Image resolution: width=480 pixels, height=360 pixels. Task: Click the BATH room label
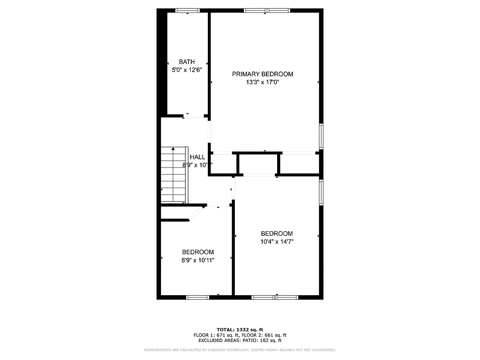187,62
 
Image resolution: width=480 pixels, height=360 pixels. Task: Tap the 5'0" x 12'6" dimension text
187,70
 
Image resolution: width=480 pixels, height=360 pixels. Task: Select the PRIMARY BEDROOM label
262,74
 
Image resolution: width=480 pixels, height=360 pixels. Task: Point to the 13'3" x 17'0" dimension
263,82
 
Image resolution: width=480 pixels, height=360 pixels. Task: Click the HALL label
197,157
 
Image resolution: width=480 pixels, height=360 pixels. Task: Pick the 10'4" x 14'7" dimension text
277,242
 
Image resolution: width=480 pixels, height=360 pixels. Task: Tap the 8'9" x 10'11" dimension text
197,260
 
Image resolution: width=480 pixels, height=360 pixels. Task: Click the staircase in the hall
174,175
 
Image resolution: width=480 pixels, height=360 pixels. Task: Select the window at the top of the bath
187,10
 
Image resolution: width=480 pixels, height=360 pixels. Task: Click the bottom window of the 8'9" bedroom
198,297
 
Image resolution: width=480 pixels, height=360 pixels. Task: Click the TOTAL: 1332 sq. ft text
240,329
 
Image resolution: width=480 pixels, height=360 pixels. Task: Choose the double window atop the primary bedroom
267,10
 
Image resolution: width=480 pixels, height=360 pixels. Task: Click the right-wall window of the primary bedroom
321,136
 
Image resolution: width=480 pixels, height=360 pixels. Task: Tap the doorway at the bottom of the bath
194,117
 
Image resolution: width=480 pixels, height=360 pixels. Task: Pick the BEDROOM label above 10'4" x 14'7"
277,234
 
